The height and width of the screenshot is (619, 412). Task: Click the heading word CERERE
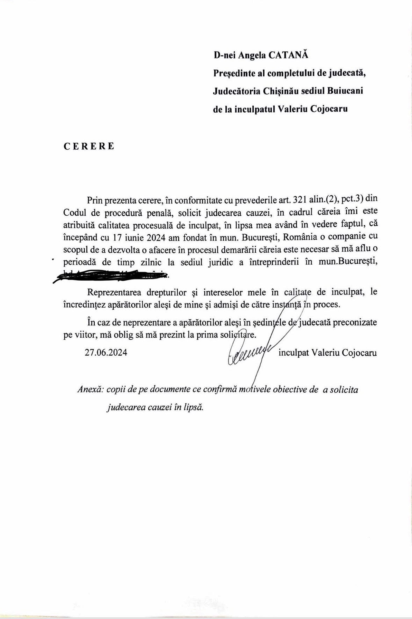(x=89, y=146)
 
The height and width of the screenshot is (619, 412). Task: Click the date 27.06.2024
(x=106, y=352)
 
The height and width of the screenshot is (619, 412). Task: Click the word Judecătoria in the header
(x=236, y=91)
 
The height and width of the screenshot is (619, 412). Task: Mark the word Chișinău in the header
(x=279, y=91)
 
